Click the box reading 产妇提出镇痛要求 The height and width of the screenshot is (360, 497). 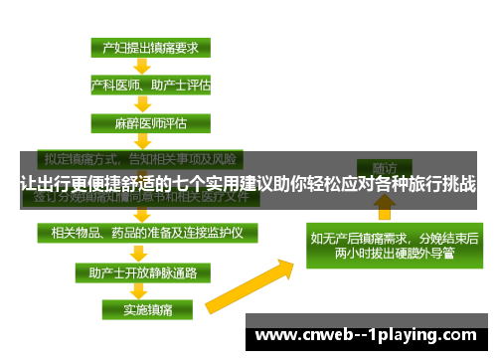[x=150, y=47]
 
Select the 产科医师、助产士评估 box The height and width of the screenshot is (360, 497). [x=150, y=86]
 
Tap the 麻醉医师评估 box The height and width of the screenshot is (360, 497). [x=150, y=124]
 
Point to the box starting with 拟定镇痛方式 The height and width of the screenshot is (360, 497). [x=138, y=158]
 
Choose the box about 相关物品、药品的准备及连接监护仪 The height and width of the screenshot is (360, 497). [x=146, y=232]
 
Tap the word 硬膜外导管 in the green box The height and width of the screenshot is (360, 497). [x=421, y=254]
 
